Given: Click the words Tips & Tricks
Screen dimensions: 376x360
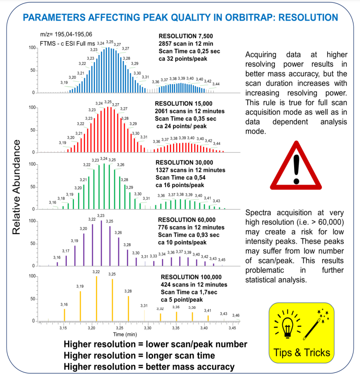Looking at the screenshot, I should (x=301, y=352).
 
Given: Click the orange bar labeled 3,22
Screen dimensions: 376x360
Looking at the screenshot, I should (x=97, y=299).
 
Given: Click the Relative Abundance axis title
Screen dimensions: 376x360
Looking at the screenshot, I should (x=16, y=187).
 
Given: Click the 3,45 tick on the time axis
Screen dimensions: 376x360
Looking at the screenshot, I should (x=232, y=328).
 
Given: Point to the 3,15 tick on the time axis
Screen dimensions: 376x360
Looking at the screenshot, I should (x=64, y=328).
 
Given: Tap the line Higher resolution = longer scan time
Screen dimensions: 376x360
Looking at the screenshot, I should (x=139, y=355).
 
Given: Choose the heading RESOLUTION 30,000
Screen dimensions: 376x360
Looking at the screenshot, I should (x=186, y=163).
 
